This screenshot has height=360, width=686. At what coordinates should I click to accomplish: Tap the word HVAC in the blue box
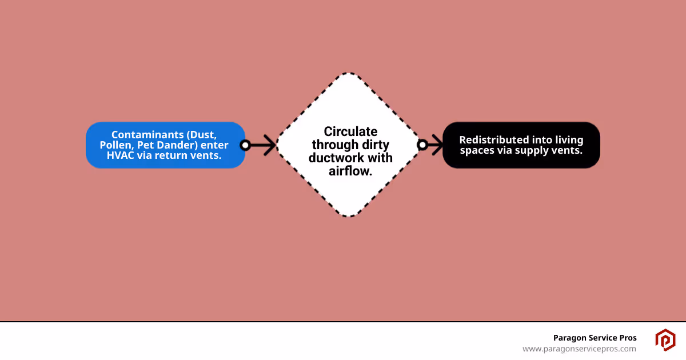121,155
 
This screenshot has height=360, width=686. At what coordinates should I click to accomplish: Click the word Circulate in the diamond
350,132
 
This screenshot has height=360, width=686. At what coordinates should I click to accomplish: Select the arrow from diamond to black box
434,145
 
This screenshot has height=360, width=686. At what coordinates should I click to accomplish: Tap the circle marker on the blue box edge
245,145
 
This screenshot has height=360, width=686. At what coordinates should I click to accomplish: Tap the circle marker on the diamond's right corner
422,145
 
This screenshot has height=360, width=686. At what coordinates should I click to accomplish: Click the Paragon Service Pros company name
595,338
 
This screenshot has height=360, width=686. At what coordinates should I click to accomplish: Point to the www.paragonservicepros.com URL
579,349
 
